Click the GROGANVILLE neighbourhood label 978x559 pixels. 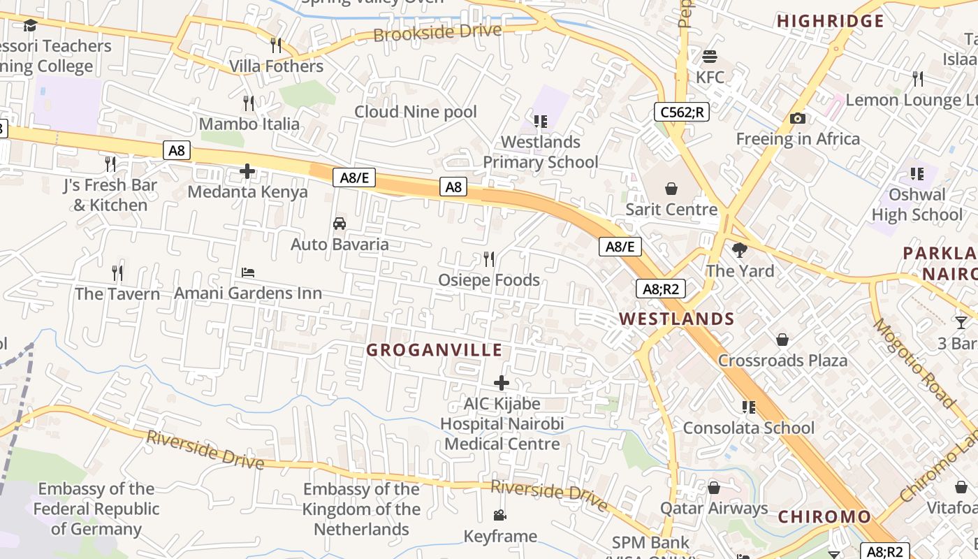[x=434, y=350]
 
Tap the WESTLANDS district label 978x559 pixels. [x=676, y=319]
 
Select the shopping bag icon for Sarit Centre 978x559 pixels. [x=671, y=189]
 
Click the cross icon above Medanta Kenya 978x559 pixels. [x=247, y=171]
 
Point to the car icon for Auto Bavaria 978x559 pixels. [x=340, y=224]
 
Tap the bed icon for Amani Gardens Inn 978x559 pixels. [x=248, y=273]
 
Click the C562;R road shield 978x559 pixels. [x=681, y=112]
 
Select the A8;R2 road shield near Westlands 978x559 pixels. [x=660, y=289]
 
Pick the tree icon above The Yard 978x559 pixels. [x=740, y=250]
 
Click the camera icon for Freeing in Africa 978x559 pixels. [x=797, y=119]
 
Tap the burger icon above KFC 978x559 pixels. [x=710, y=57]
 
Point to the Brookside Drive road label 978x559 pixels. [x=437, y=32]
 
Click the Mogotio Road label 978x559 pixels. [x=912, y=363]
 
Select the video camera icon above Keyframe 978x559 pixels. [x=499, y=516]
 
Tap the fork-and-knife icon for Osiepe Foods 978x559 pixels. [x=489, y=259]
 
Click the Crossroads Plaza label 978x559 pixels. [x=782, y=361]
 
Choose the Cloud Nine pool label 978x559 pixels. [x=416, y=112]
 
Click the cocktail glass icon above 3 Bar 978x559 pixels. [x=961, y=322]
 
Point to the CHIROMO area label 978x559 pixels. [x=824, y=517]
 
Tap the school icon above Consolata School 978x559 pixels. [x=749, y=407]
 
